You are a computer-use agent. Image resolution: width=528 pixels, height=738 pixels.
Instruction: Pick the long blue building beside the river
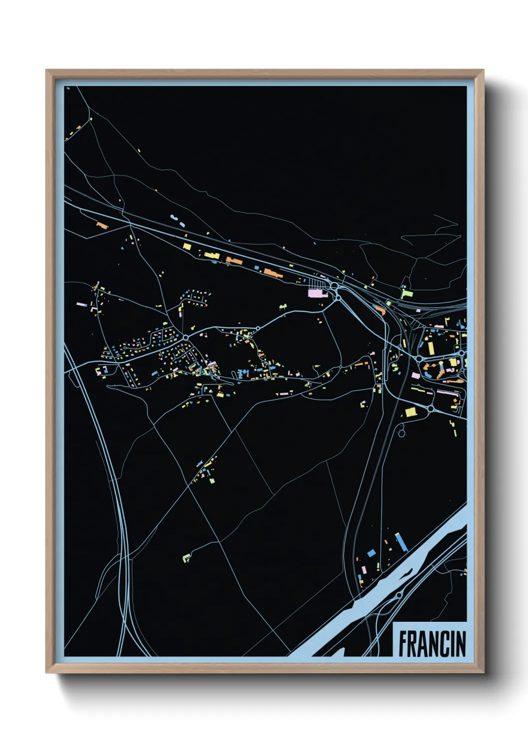[401, 542]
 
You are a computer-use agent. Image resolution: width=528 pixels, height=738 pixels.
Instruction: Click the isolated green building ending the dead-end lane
[186, 557]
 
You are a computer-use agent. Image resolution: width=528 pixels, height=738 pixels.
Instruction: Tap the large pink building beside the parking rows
[315, 293]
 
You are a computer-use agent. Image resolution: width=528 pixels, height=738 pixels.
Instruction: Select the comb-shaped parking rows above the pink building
[317, 284]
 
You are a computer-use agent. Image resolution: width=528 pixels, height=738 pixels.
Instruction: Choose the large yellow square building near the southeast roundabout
[410, 412]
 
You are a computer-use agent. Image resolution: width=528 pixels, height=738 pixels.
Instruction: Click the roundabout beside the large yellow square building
[430, 408]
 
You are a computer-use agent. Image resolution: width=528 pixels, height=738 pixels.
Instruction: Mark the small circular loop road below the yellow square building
[402, 433]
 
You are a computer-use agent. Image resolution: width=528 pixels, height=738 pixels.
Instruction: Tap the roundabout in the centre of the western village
[185, 338]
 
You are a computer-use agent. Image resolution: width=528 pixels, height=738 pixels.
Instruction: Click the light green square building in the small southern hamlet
[213, 481]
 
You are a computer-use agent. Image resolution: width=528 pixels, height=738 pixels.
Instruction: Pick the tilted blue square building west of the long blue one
[371, 553]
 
